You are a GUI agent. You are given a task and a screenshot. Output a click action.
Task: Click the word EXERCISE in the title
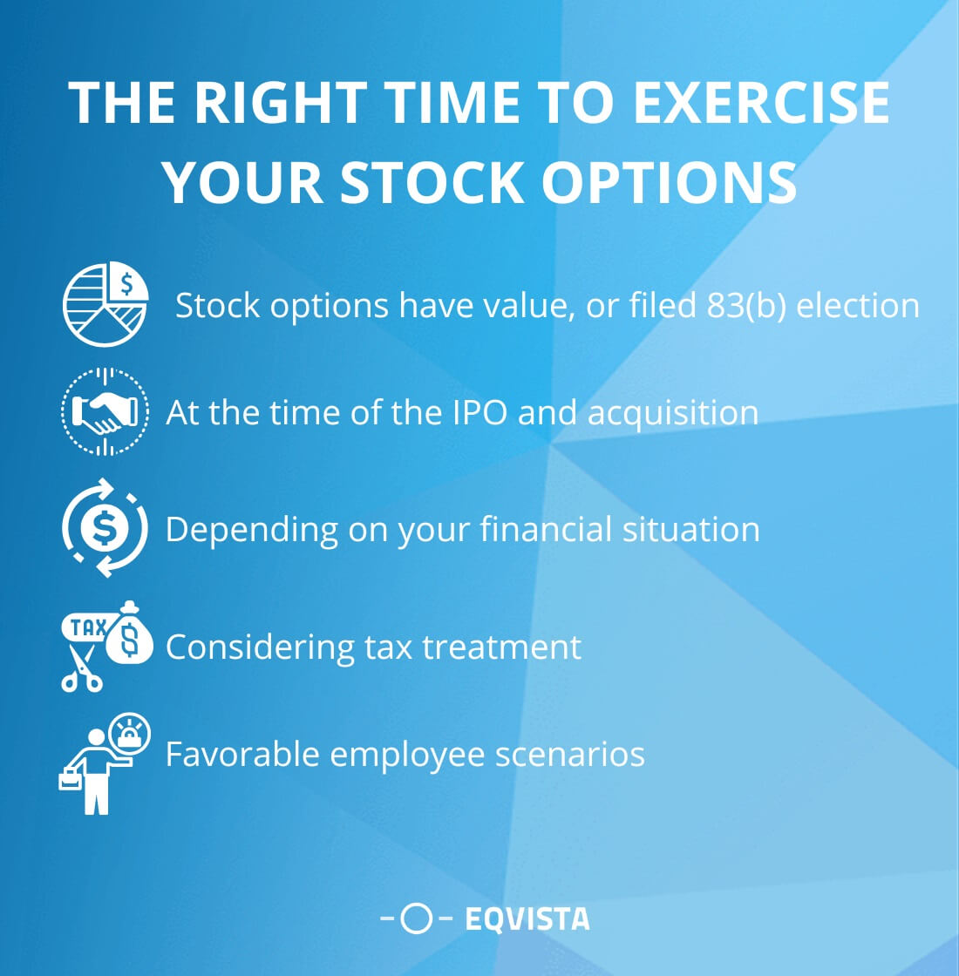coord(761,104)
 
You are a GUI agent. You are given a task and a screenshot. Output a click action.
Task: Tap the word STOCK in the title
coord(432,182)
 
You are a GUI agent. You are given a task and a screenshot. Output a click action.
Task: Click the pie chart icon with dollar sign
coord(105,306)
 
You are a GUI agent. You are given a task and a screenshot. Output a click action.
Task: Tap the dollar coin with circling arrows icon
coord(105,528)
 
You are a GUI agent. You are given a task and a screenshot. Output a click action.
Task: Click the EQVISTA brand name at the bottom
coord(527,918)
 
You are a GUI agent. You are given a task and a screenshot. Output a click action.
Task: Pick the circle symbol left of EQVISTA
coord(418,918)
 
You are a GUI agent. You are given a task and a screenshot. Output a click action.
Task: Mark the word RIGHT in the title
coord(278,104)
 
